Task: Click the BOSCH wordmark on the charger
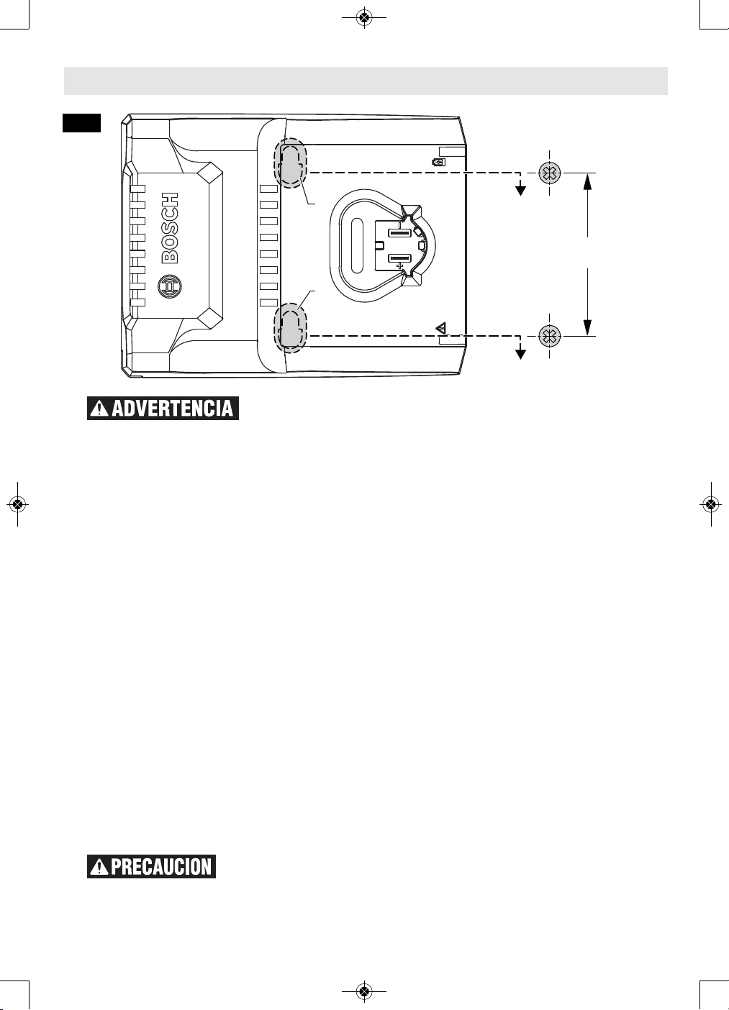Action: tap(170, 228)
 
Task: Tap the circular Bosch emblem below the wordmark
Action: tap(170, 286)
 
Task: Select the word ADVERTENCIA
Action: tap(172, 409)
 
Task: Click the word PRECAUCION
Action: tap(161, 867)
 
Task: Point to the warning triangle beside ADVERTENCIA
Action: tap(99, 409)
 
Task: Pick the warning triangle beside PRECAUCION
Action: tap(99, 867)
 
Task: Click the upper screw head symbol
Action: tap(550, 173)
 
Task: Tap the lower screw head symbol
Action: tap(550, 336)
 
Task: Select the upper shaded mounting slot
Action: tap(291, 163)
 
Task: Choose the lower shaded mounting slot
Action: tap(291, 327)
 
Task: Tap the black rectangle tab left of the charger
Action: tap(81, 123)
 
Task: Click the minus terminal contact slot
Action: tap(399, 234)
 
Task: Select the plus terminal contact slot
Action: tap(399, 258)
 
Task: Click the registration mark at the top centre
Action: tap(364, 17)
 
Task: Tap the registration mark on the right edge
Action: tap(711, 504)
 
